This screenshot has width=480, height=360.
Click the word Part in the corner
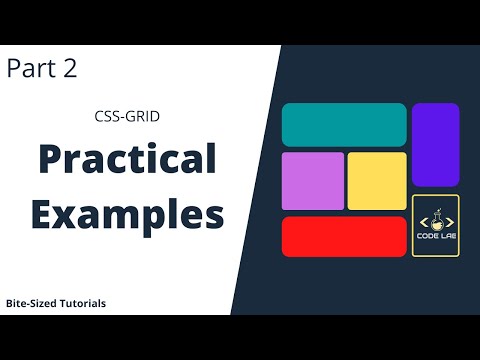point(31,68)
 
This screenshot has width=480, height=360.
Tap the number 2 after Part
point(69,68)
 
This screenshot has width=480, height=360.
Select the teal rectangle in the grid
point(344,125)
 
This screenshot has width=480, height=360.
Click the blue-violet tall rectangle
point(435,144)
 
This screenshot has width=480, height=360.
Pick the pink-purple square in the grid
point(313,181)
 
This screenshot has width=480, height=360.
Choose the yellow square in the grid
point(377,181)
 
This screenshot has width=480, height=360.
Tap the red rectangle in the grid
point(344,236)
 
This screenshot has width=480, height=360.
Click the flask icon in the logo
point(436,219)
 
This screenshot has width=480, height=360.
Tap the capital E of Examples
point(43,213)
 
